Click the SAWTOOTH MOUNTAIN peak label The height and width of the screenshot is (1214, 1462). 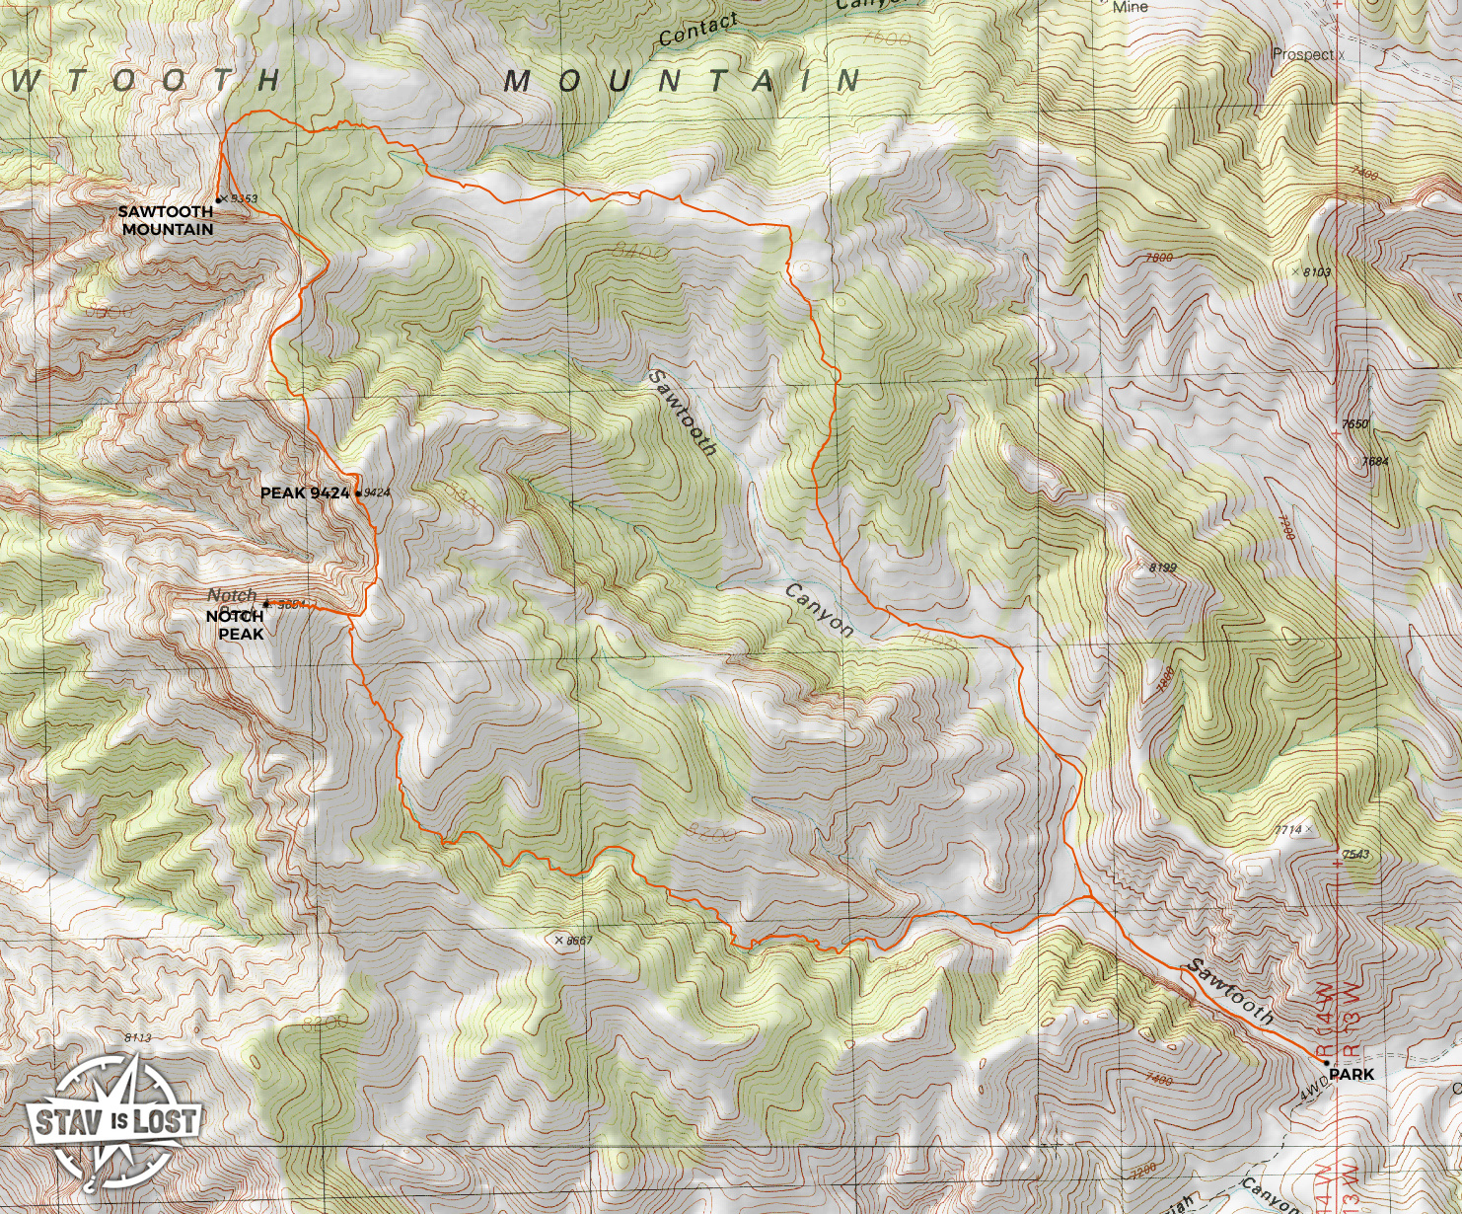coord(166,220)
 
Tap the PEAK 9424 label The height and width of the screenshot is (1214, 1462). coord(305,493)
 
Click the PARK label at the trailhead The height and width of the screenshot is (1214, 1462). coord(1351,1074)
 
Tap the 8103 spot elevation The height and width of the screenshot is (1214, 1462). coord(1316,272)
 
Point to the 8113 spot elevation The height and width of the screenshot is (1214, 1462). coord(138,1037)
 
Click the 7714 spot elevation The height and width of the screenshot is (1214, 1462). coord(1287,830)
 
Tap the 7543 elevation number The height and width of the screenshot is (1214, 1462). coord(1355,855)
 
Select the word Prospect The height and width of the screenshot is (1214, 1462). coord(1302,54)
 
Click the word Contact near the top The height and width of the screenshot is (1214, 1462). coord(697,31)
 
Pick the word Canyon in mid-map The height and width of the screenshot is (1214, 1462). coord(818,609)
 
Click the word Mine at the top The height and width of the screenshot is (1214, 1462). coord(1130,7)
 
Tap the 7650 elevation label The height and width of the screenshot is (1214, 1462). coord(1355,424)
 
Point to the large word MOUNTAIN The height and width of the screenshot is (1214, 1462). coord(683,81)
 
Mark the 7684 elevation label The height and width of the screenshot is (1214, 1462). coord(1374,461)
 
